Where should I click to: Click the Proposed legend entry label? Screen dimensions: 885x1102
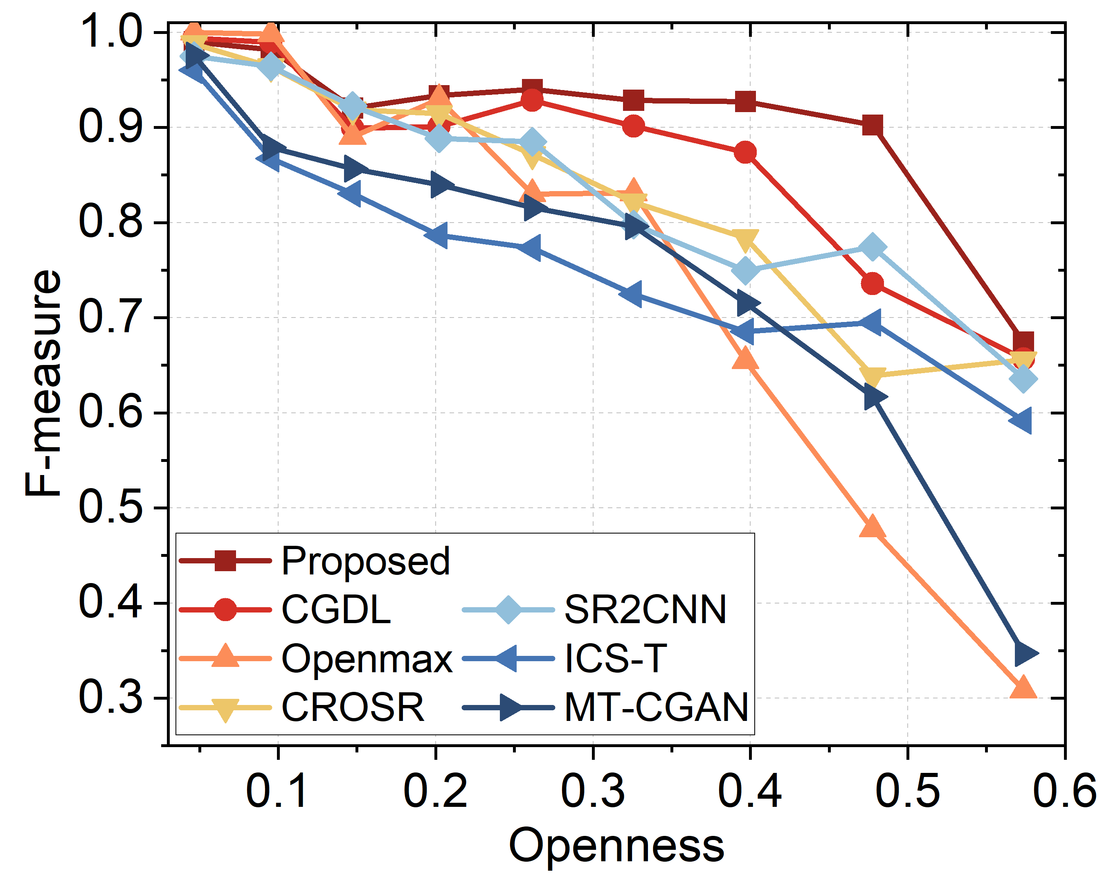pos(365,561)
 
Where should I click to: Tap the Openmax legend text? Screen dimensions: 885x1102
pos(367,658)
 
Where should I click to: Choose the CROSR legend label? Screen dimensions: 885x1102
pos(353,707)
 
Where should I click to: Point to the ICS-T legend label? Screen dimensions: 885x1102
pos(615,658)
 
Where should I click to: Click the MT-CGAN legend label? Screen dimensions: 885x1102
pos(656,707)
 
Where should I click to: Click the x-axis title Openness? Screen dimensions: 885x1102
pos(616,846)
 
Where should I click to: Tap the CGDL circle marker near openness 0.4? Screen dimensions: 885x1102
pos(745,152)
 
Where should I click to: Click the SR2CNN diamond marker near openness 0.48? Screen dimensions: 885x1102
pos(873,248)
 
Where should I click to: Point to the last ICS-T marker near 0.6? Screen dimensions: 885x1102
pos(1023,420)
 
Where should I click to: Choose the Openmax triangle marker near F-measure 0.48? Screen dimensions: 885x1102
pos(872,527)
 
